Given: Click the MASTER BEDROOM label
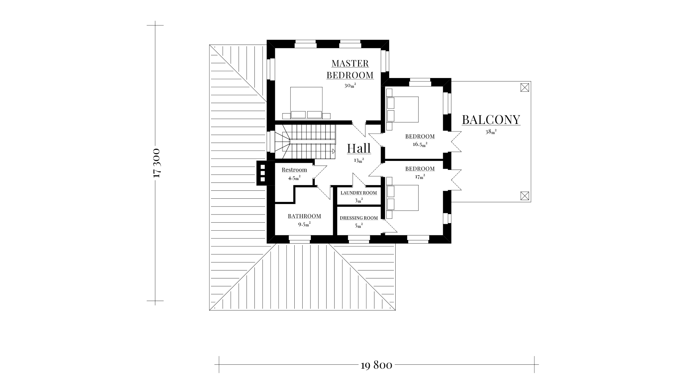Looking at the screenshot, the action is [350, 69].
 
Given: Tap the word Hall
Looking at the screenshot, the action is [359, 148].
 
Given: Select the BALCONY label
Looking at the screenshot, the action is [491, 120].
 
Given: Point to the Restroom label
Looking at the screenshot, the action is [294, 170].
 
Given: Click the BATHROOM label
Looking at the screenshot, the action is [304, 216].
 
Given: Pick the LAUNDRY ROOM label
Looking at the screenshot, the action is [359, 193].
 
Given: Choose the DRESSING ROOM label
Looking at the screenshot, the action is [359, 218].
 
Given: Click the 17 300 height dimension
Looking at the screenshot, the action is [156, 163].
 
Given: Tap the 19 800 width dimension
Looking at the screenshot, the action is [376, 365].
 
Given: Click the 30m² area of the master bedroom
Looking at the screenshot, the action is [350, 86].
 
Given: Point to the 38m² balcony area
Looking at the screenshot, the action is [491, 131].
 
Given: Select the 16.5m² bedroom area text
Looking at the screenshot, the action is [420, 144].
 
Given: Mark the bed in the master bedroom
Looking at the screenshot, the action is [306, 103].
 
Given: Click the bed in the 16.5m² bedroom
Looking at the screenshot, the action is [402, 109].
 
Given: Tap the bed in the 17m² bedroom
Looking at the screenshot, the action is [402, 198].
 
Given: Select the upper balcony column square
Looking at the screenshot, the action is [525, 87].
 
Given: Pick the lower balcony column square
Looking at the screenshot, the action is [525, 195].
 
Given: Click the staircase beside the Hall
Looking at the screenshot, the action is [305, 142].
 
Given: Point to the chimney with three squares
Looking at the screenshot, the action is [262, 173].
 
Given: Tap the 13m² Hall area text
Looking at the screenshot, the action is [359, 160].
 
